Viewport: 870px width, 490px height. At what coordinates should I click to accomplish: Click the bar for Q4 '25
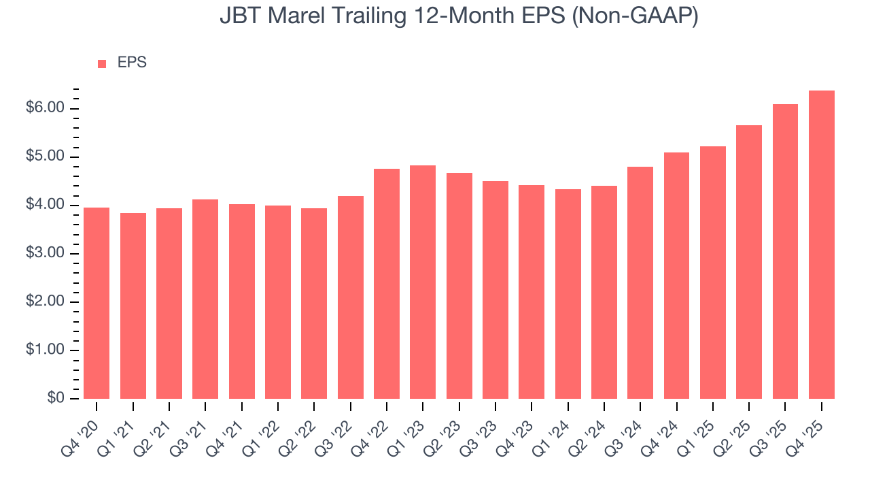tap(821, 245)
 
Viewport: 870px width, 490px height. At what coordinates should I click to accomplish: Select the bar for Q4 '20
tap(97, 303)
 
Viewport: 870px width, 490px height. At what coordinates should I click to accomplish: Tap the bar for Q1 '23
tap(423, 282)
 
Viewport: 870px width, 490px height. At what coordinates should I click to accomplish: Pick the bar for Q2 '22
tap(314, 304)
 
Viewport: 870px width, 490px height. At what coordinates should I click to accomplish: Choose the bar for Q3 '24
tap(640, 282)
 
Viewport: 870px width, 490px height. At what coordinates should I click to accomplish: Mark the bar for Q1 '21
tap(133, 306)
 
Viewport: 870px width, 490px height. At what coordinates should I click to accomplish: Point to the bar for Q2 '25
tap(749, 262)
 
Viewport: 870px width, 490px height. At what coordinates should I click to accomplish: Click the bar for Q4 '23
tap(532, 292)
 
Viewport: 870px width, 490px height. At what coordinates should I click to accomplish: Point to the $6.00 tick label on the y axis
tap(46, 109)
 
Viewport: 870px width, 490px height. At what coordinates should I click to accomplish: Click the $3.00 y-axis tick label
tap(46, 254)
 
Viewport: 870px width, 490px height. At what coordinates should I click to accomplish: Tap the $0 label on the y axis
tap(55, 399)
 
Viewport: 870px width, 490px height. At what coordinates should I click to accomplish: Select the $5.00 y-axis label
tap(46, 157)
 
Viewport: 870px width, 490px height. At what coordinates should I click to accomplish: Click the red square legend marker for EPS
tap(102, 63)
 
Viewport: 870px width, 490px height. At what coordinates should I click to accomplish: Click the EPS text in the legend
tap(132, 63)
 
